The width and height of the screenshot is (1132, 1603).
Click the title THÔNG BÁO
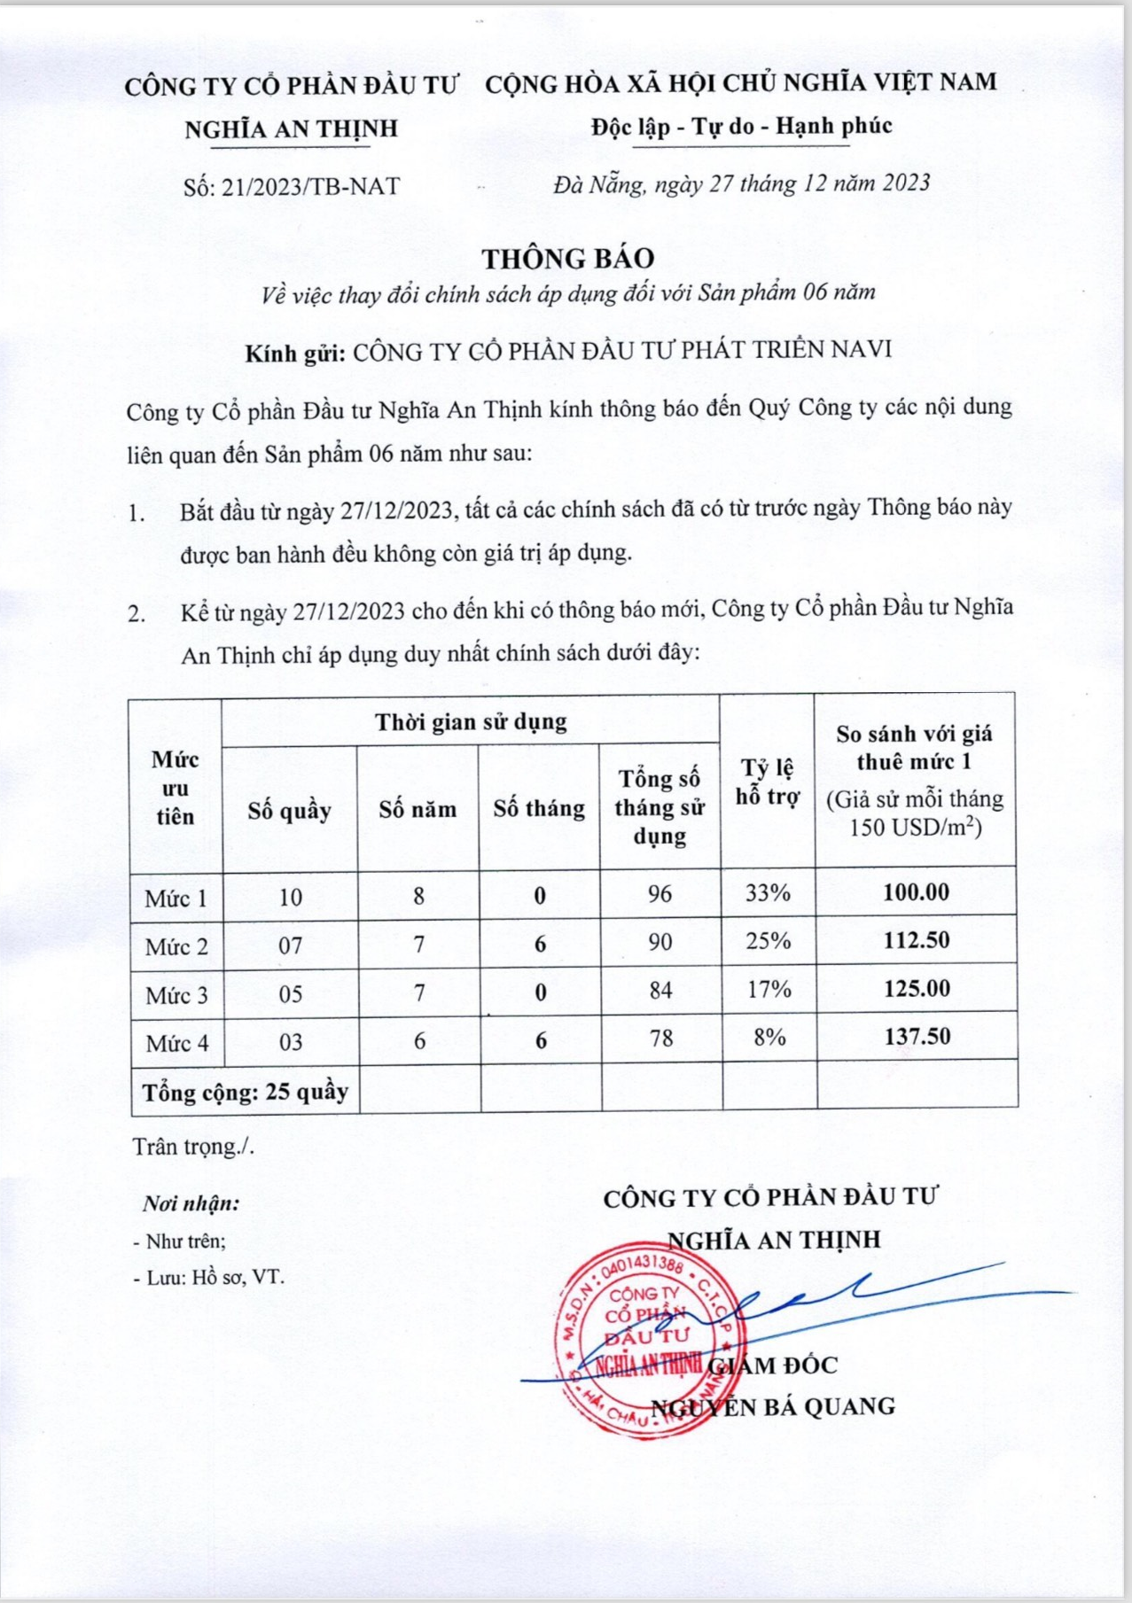[x=568, y=259]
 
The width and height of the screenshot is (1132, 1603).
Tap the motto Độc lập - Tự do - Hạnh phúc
[x=742, y=127]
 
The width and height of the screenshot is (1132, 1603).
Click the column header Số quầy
[x=289, y=810]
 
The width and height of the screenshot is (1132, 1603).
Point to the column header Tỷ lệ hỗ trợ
[x=768, y=782]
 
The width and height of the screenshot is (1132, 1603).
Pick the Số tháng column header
[x=539, y=809]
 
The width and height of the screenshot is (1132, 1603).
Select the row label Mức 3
[x=176, y=995]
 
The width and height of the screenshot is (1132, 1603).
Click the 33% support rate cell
[x=768, y=893]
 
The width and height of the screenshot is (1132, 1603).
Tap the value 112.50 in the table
[x=916, y=940]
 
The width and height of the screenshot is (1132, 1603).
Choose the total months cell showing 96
[x=660, y=893]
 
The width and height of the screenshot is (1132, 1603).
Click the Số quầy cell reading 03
[x=291, y=1042]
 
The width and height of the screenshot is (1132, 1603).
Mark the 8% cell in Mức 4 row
[x=769, y=1037]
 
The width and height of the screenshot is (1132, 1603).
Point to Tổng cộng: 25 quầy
[x=246, y=1092]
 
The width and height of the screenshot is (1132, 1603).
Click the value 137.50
[x=917, y=1037]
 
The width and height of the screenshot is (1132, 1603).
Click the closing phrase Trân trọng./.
[x=193, y=1147]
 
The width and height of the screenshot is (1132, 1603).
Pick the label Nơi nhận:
[x=191, y=1204]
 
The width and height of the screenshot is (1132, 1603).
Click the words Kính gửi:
[x=295, y=352]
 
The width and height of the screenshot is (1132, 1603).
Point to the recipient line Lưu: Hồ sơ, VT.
[x=209, y=1278]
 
